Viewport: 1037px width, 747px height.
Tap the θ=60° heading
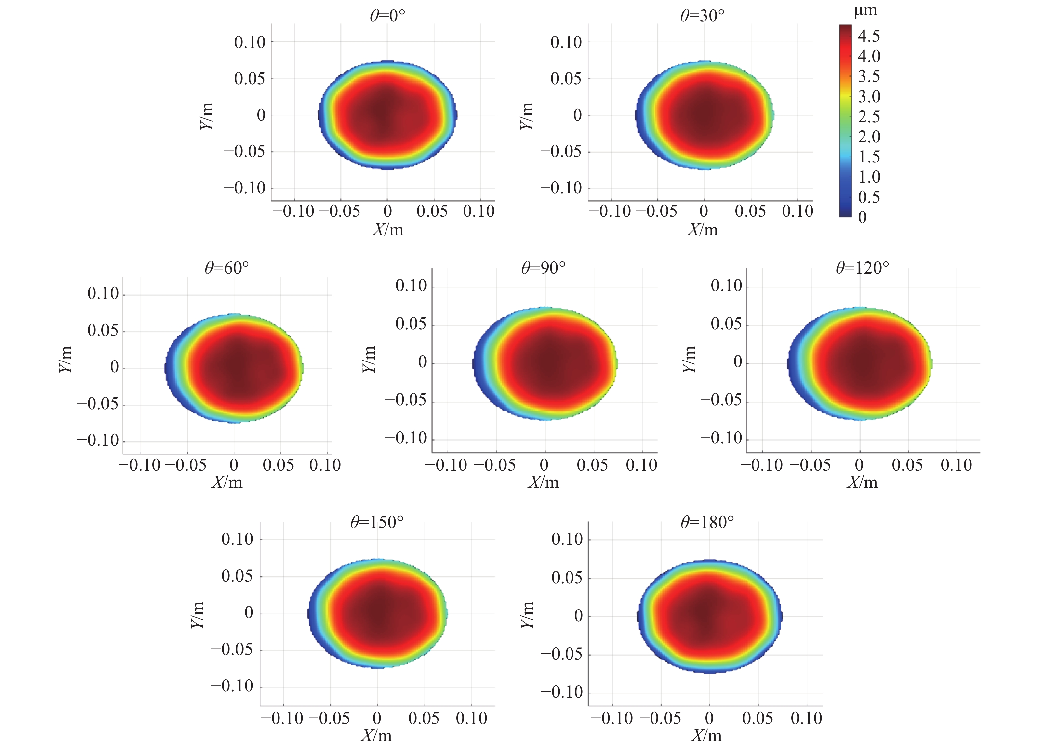227,268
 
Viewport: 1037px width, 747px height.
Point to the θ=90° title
543,268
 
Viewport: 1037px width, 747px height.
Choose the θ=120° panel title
862,268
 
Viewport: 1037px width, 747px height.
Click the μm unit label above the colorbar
865,11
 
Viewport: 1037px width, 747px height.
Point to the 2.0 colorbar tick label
869,137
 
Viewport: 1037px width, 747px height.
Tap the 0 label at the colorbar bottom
862,217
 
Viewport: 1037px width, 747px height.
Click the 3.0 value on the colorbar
869,96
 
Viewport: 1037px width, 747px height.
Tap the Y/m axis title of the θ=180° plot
527,615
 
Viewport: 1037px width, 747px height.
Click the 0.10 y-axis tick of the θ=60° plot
103,294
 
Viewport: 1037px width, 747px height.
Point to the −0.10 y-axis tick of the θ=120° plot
721,438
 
